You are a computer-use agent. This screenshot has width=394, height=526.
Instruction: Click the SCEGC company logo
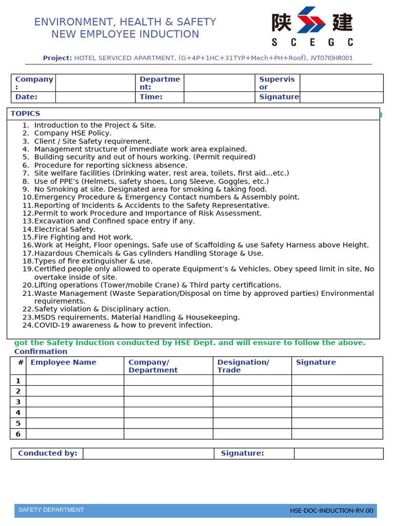(312, 26)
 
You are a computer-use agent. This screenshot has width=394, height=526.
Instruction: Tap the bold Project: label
(57, 58)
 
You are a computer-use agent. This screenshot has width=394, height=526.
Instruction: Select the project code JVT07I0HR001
(331, 58)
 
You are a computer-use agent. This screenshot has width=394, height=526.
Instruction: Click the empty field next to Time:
(219, 97)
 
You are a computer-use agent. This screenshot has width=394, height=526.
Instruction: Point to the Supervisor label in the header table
(277, 83)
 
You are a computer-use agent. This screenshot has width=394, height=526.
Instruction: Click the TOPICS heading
(25, 114)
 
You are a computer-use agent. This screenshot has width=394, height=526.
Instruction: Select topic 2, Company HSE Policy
(72, 133)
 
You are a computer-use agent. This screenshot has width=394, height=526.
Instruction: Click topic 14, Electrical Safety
(64, 229)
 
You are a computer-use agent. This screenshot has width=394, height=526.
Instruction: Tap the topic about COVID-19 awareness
(123, 325)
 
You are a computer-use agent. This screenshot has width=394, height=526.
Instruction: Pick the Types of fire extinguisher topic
(93, 261)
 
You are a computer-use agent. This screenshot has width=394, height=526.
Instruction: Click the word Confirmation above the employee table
(41, 351)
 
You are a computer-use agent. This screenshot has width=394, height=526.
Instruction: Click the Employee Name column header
(63, 362)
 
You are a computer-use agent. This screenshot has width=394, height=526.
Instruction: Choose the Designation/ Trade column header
(243, 366)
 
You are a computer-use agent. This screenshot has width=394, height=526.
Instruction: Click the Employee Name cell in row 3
(75, 402)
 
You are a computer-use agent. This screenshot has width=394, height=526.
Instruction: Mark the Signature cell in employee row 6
(337, 434)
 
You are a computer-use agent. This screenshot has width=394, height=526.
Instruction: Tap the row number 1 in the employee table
(18, 381)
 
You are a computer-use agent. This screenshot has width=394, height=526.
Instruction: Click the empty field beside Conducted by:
(148, 454)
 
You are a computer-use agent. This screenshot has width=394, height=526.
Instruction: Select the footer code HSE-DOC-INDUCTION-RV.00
(331, 511)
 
